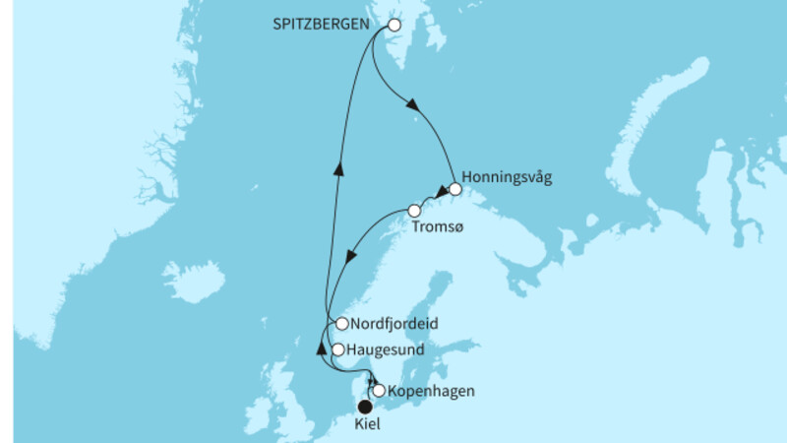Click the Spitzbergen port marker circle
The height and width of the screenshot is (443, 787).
click(x=394, y=27)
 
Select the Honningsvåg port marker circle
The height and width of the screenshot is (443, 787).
click(x=454, y=188)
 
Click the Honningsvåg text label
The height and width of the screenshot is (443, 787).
click(x=507, y=178)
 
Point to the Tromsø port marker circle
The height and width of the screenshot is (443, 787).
click(x=414, y=211)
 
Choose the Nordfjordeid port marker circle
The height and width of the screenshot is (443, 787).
click(x=341, y=323)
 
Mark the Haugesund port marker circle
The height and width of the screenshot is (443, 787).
click(x=337, y=349)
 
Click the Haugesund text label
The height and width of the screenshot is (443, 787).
click(x=385, y=349)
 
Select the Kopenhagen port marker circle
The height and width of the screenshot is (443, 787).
click(x=379, y=391)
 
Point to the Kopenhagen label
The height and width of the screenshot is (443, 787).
click(x=432, y=391)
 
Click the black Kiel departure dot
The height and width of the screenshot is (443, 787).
click(x=365, y=407)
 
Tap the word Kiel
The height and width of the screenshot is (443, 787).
click(x=365, y=425)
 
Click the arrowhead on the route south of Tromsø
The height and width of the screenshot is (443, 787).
click(x=351, y=259)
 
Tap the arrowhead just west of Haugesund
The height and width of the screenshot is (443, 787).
click(x=321, y=346)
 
